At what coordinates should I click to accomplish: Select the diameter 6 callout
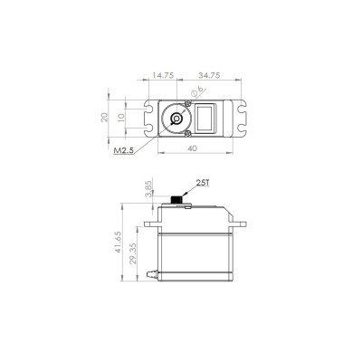click(200, 91)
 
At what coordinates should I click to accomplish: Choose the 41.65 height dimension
click(119, 244)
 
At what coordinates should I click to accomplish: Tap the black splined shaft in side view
click(176, 199)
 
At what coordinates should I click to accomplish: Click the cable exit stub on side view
click(155, 273)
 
